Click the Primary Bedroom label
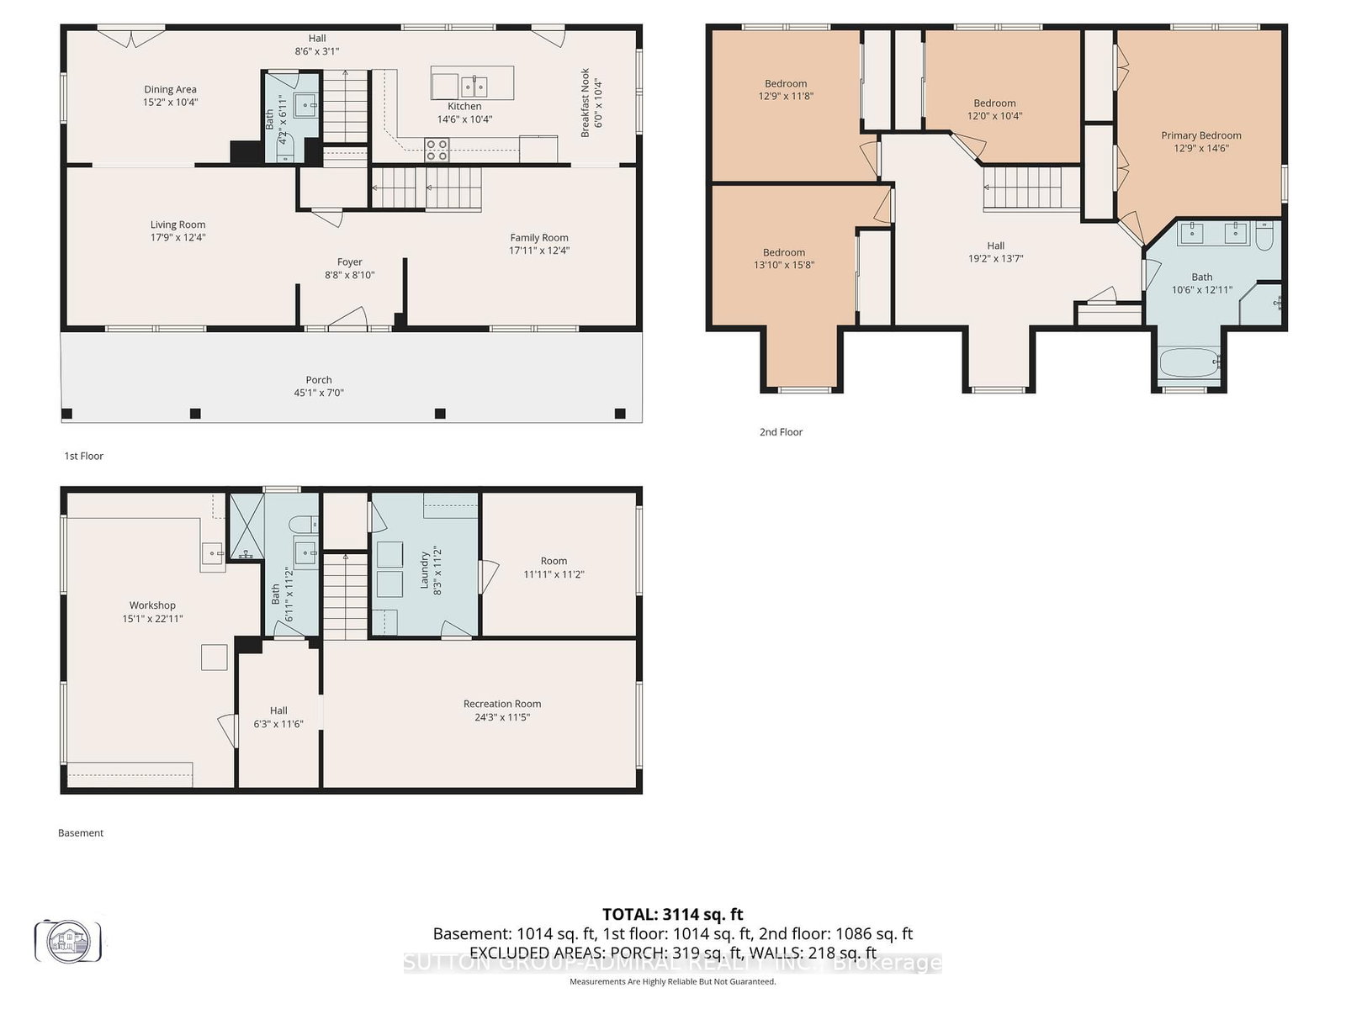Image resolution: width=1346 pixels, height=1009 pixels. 1200,135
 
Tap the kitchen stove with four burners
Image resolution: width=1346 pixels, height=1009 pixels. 437,150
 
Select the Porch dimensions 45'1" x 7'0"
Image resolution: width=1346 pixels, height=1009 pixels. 319,393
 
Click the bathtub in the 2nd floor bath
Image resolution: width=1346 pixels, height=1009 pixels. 1189,363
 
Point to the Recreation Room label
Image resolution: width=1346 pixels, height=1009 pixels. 502,704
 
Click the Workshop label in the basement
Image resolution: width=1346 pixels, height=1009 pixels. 152,605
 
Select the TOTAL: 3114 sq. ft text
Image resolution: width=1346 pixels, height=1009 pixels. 672,914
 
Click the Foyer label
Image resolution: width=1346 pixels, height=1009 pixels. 350,262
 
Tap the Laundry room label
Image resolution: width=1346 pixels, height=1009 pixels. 425,569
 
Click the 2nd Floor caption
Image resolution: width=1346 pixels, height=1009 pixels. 781,432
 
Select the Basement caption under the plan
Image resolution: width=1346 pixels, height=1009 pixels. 81,833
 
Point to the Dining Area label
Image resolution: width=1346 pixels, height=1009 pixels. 170,89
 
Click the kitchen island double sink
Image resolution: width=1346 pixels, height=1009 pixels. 474,86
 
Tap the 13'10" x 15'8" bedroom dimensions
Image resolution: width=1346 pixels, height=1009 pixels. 783,265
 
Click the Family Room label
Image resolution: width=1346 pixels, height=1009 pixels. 538,238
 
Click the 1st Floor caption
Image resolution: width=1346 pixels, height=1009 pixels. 83,456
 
